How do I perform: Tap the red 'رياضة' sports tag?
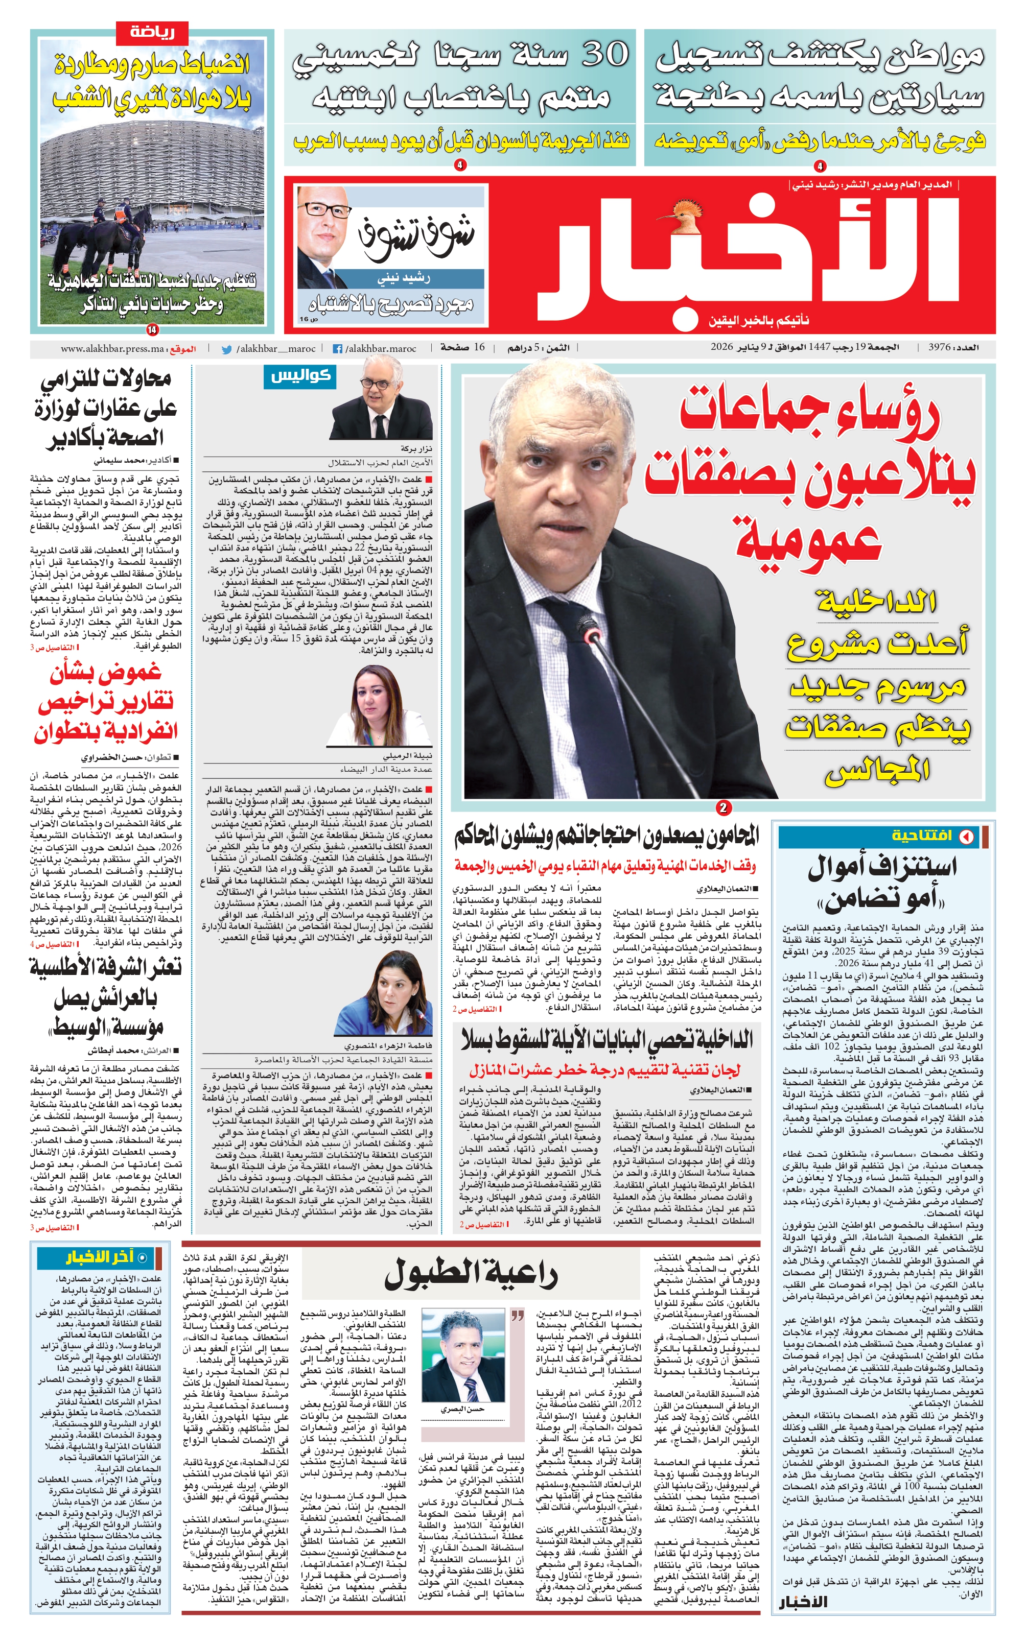pos(152,31)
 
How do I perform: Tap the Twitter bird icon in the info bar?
pos(227,349)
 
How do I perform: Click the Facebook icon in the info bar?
pos(337,349)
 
